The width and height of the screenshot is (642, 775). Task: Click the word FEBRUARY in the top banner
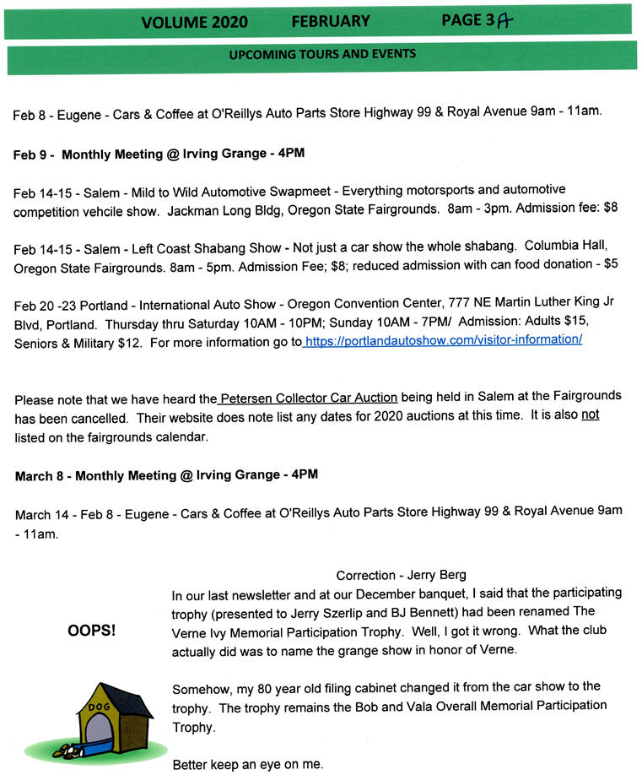(331, 21)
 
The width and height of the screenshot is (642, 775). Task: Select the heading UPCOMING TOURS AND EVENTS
(321, 55)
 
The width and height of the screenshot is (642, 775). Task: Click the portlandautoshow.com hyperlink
(444, 340)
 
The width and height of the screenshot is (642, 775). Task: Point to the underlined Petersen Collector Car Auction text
(309, 397)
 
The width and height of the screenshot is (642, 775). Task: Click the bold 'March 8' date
(42, 476)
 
